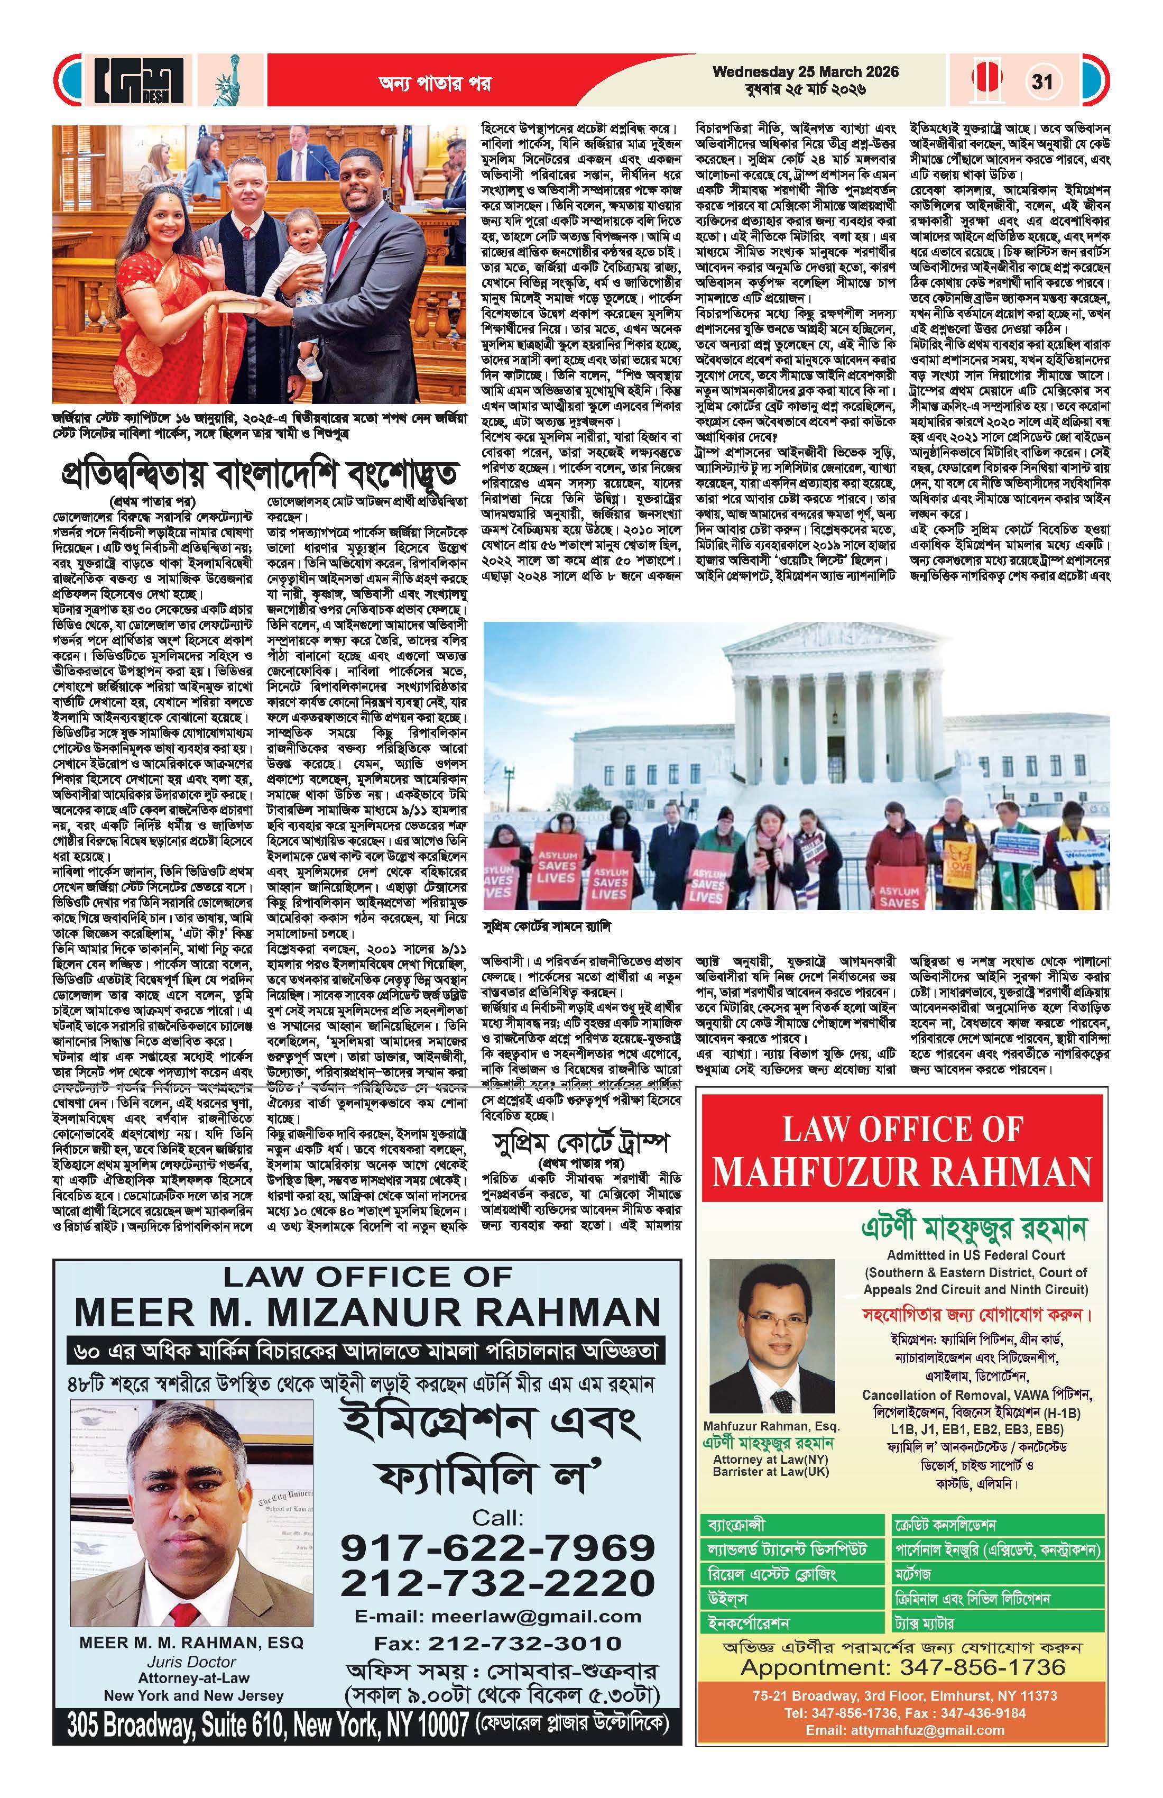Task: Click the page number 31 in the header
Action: point(1042,81)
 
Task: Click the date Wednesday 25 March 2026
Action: point(805,72)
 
